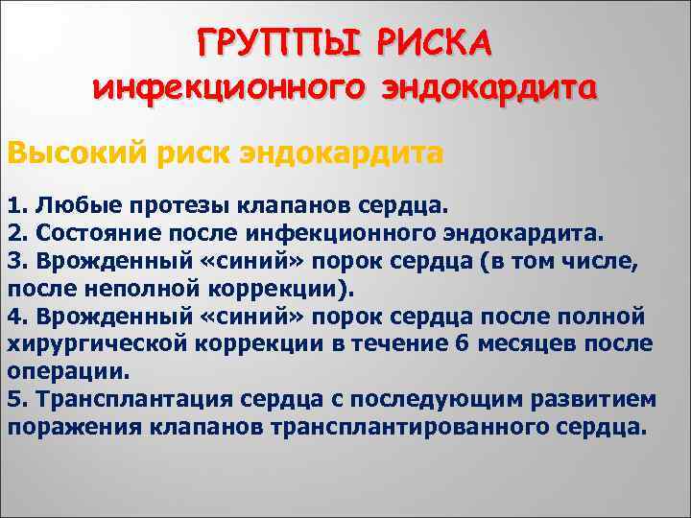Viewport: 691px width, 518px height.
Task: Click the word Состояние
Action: (86, 233)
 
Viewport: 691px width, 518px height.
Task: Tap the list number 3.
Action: (13, 261)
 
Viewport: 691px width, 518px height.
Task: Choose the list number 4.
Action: (13, 317)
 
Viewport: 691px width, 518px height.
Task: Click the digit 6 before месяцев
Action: (464, 344)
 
